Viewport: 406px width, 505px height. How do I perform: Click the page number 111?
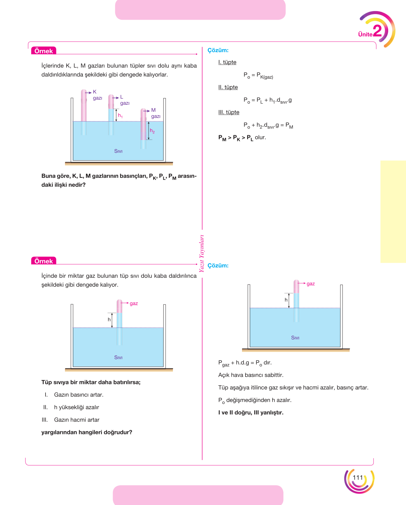tap(358, 478)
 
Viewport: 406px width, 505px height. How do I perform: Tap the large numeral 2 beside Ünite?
tap(378, 31)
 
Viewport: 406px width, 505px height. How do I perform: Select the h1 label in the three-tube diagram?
tap(120, 116)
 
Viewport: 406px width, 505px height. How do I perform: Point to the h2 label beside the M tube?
tap(152, 131)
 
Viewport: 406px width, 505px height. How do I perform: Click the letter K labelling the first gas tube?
tap(95, 92)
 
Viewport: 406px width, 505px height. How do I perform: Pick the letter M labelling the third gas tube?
tap(153, 110)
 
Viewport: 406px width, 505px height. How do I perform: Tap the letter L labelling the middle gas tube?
tap(122, 97)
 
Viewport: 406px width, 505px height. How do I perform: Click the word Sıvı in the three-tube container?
tap(118, 151)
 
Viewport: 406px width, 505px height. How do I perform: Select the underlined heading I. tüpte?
tap(227, 62)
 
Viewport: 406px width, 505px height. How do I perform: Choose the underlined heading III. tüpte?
tap(229, 112)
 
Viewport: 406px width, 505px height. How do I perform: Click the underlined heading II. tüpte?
tap(228, 87)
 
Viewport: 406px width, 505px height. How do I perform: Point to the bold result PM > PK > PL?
tap(236, 138)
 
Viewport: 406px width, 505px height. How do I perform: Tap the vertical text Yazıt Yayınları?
tap(202, 253)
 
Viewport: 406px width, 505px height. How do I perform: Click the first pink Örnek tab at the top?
tap(44, 51)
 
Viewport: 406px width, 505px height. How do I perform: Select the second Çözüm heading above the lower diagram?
tap(218, 265)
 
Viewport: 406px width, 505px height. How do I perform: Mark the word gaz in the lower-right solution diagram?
tap(311, 284)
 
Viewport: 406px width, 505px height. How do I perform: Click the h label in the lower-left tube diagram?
tap(109, 319)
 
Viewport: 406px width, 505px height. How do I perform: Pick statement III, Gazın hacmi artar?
tap(70, 420)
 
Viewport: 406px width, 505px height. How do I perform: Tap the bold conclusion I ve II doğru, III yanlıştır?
tap(251, 412)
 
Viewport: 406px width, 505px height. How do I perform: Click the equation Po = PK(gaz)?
tap(258, 75)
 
